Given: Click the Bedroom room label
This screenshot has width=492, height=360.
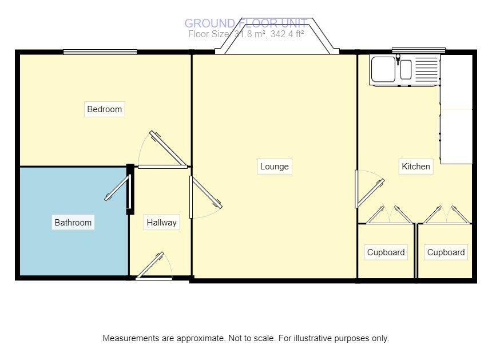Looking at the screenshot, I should tap(105, 109).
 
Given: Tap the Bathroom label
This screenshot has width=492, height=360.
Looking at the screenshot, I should tap(73, 223).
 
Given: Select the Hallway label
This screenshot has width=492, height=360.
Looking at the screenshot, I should tap(161, 223).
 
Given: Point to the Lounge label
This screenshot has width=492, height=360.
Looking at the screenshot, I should tap(275, 167).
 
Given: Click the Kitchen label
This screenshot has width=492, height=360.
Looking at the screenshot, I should tap(416, 167).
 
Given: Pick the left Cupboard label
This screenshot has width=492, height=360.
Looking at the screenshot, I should tap(386, 252).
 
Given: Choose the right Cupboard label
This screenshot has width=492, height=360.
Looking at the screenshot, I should tap(446, 252).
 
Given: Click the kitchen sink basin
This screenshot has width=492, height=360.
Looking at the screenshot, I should tap(383, 70).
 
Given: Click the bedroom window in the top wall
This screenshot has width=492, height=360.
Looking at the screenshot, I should tap(100, 52).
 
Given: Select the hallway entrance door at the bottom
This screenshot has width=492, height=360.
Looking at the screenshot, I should tap(152, 267).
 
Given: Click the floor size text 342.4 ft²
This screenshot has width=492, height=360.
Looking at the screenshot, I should tap(284, 34).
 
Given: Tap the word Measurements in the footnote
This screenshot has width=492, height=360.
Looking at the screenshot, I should tap(130, 338).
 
